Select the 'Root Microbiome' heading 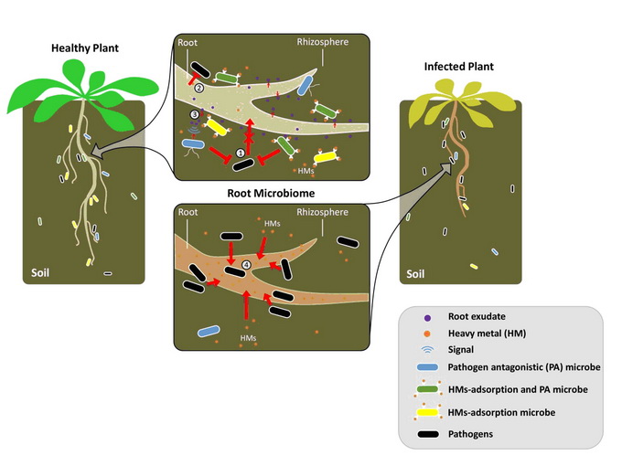click(x=270, y=194)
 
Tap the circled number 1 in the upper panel click(x=240, y=153)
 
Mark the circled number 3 click(x=194, y=114)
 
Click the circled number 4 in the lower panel click(x=246, y=267)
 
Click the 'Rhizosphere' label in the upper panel click(x=322, y=41)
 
